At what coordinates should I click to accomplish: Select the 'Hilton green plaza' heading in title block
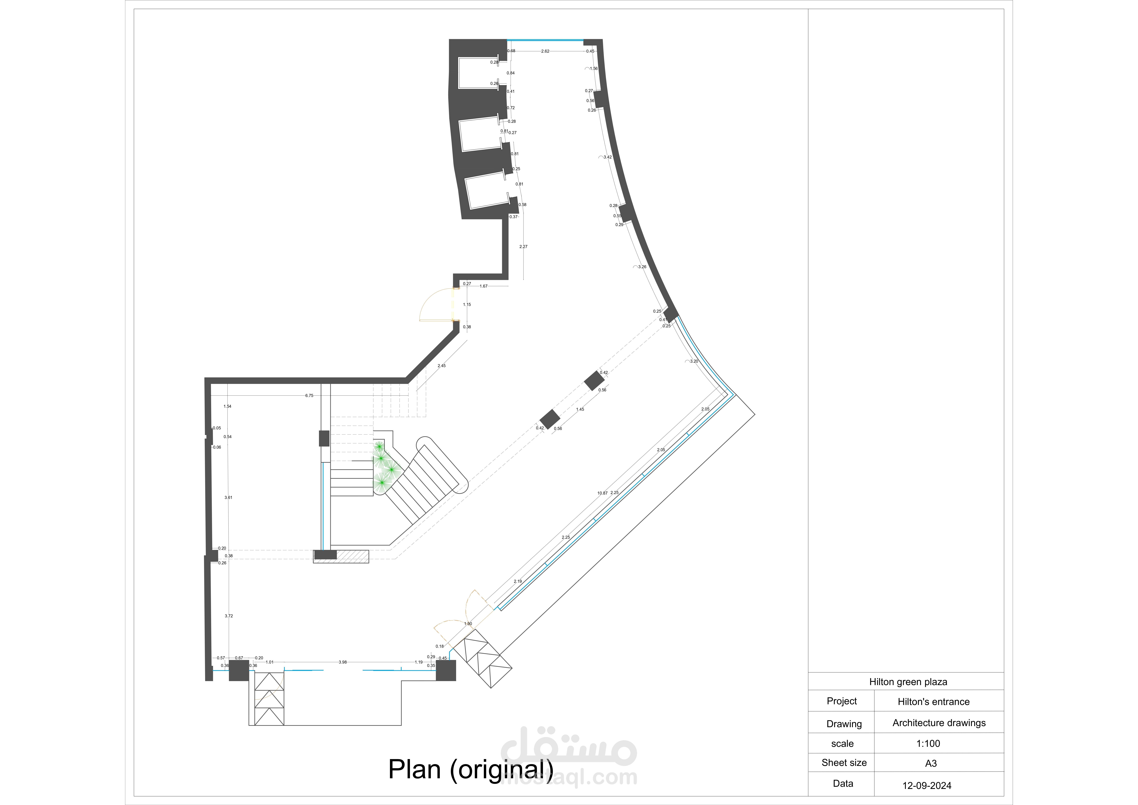tap(908, 682)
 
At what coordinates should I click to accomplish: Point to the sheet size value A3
tap(931, 763)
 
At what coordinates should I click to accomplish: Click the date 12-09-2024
tap(927, 786)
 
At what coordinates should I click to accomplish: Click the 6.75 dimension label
tap(309, 396)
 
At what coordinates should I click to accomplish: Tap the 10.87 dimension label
tap(602, 493)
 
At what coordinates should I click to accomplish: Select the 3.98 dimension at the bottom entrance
tap(342, 662)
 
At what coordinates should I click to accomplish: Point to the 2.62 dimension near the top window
tap(545, 51)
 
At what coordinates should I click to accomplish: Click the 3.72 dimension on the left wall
tap(229, 616)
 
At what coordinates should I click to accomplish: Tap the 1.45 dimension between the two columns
tap(580, 409)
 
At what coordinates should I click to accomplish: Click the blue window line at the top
tap(545, 40)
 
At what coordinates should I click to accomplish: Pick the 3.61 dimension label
tap(229, 498)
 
